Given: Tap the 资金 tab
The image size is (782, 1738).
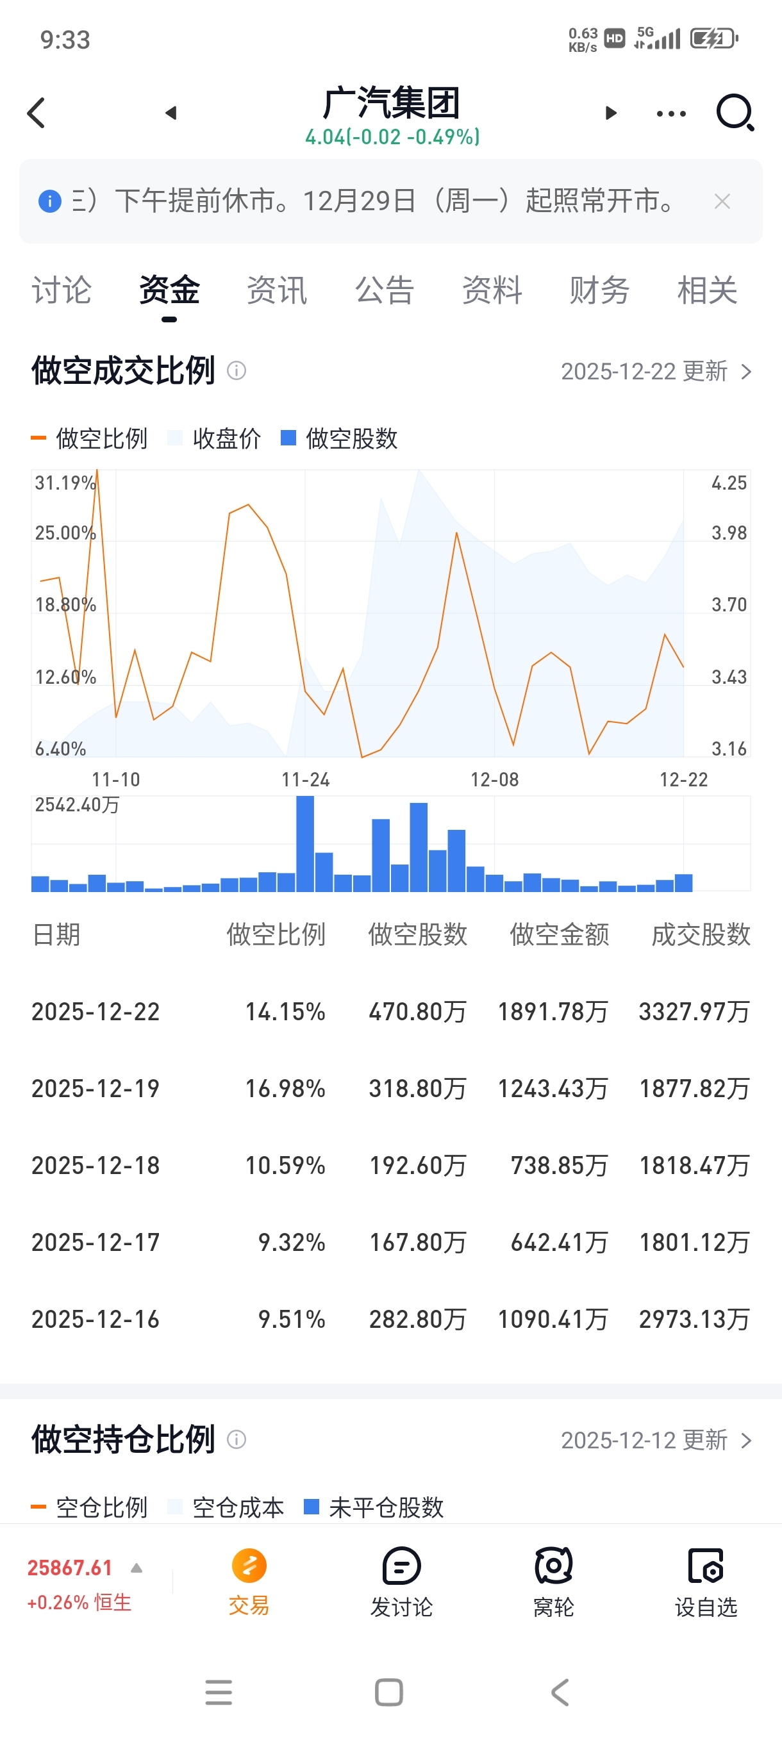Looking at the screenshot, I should [169, 291].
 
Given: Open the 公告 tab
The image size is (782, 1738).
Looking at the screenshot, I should [385, 291].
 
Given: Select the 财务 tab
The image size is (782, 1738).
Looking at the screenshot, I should [599, 291].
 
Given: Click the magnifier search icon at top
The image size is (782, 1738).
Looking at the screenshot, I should [735, 112].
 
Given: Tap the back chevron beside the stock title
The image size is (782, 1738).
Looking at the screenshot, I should [37, 113].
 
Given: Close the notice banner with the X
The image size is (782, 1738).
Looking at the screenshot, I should [722, 201].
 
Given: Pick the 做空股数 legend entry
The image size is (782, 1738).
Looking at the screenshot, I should [339, 438].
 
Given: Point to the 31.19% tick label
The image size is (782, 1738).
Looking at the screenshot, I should [65, 483].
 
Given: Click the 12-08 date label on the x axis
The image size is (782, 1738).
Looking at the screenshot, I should [495, 780].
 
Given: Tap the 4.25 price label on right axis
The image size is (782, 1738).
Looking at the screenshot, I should [729, 483].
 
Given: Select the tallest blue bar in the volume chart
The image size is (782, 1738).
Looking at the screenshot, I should [305, 843].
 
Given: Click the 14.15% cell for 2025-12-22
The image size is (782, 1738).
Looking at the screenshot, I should [285, 1011].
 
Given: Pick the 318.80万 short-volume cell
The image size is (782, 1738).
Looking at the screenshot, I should [417, 1088].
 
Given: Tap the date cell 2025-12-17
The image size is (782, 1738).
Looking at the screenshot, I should [96, 1242].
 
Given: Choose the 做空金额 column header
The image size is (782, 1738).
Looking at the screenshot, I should [560, 934].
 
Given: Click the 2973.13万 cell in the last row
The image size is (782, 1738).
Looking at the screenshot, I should [694, 1319].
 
